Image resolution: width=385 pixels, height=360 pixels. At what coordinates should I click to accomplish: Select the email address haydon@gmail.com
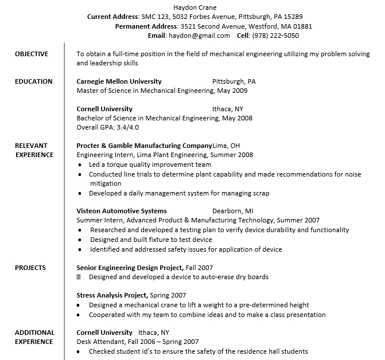pyautogui.click(x=199, y=36)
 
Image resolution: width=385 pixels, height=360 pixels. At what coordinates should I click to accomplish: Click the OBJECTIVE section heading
pyautogui.click(x=32, y=54)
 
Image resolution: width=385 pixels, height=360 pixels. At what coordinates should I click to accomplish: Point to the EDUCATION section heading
pyautogui.click(x=33, y=81)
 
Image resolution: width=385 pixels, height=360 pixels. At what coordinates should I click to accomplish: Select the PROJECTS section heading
pyautogui.click(x=30, y=268)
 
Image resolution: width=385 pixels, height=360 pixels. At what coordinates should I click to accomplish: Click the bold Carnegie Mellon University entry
pyautogui.click(x=119, y=81)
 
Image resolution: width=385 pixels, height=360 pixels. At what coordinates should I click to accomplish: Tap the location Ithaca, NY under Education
pyautogui.click(x=228, y=109)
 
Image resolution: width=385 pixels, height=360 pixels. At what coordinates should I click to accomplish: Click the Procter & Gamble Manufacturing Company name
pyautogui.click(x=144, y=146)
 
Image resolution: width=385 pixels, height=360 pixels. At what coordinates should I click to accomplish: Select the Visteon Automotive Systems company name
pyautogui.click(x=122, y=211)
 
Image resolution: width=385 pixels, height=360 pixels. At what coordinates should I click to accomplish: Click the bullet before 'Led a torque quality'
pyautogui.click(x=79, y=165)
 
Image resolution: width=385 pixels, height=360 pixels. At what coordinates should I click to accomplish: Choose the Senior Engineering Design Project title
pyautogui.click(x=130, y=268)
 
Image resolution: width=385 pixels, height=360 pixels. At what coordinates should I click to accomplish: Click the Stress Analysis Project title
pyautogui.click(x=112, y=296)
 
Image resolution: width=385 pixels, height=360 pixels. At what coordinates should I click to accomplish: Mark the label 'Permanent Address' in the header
pyautogui.click(x=146, y=26)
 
